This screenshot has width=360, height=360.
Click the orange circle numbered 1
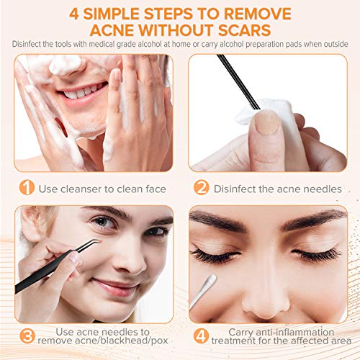tap(27, 189)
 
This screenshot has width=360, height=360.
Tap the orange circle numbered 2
tap(201, 189)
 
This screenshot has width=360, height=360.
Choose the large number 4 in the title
tap(94, 13)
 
